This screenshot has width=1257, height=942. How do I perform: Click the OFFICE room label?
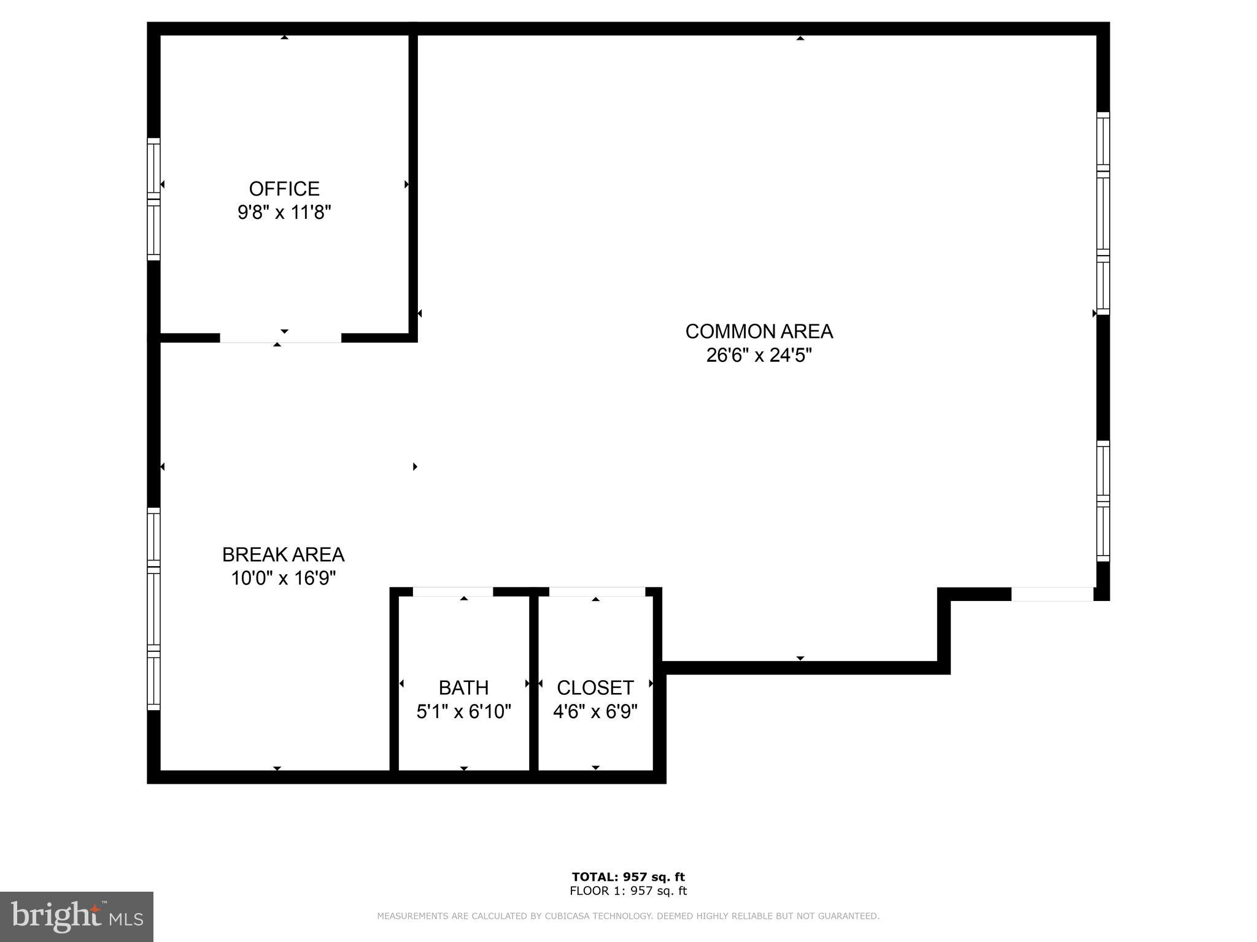284,188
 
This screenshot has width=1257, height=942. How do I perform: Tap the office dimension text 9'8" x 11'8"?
284,213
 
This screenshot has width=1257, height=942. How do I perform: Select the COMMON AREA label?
759,331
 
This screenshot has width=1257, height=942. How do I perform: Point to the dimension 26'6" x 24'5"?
759,355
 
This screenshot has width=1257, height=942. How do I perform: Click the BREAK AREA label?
283,554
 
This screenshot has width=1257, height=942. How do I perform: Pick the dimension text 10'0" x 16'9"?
283,578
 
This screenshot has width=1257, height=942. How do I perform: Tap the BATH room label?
463,687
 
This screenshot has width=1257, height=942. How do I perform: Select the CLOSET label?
595,687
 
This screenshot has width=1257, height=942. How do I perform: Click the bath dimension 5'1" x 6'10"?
463,711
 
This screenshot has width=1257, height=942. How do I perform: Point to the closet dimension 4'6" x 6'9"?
595,711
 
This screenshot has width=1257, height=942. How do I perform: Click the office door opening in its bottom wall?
280,338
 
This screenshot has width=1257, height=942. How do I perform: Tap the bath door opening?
453,592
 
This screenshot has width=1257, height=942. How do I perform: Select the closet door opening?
597,592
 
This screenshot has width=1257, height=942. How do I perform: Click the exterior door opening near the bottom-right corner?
1052,594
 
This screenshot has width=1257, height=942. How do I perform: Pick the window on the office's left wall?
153,199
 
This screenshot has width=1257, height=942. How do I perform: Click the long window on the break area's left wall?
153,609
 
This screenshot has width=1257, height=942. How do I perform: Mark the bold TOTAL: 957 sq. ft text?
628,876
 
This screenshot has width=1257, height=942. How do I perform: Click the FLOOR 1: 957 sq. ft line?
628,891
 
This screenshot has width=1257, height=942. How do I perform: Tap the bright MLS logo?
77,916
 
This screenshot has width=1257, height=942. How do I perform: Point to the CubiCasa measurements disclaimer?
628,916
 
